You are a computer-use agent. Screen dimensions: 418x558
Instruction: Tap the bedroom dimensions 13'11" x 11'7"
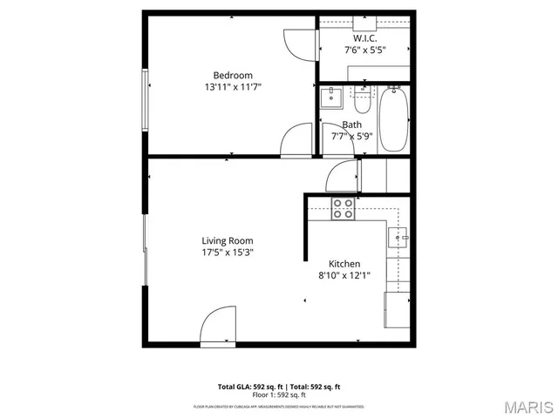[x=233, y=87]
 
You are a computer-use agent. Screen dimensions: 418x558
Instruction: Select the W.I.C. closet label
[x=365, y=39]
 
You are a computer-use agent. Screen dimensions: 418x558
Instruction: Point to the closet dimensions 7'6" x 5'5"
[x=365, y=51]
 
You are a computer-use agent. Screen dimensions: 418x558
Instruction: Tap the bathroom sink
[x=331, y=98]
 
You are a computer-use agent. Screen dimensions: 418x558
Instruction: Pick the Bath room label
[x=351, y=125]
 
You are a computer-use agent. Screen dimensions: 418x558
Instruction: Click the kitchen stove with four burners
[x=343, y=209]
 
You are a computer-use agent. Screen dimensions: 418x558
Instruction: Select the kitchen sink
[x=402, y=235]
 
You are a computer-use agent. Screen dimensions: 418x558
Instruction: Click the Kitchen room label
[x=344, y=264]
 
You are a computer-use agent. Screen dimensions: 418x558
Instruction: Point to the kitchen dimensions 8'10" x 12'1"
[x=344, y=276]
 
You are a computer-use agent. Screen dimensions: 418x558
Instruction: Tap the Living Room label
[x=228, y=240]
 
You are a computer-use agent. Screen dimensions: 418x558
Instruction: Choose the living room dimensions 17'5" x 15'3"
[x=228, y=253]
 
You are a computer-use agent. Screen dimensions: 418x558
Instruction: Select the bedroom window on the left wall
[x=146, y=98]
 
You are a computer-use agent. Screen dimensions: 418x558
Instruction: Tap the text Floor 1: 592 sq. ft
[x=279, y=394]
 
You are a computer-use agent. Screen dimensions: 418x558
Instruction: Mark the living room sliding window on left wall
[x=146, y=249]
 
